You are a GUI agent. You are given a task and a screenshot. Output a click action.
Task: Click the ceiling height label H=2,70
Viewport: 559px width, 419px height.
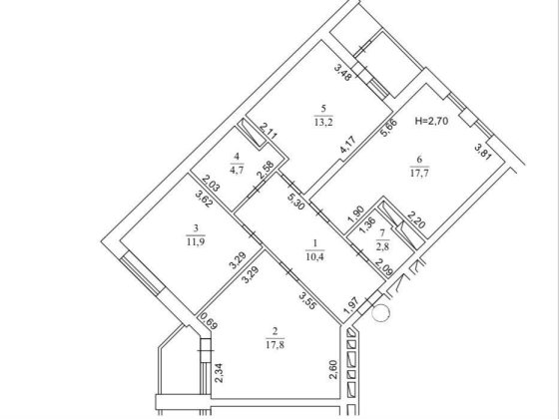point(431,121)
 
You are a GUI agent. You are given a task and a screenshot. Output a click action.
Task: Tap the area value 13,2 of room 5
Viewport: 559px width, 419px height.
point(323,123)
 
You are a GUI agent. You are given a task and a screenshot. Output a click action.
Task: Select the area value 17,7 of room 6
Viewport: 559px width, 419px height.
point(419,174)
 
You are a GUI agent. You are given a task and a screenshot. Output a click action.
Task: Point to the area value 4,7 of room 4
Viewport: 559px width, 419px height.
point(237,170)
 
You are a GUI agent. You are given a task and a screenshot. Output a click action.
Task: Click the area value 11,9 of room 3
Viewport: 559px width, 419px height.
point(196,241)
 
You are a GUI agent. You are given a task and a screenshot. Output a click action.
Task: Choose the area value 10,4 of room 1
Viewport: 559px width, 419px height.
point(314,256)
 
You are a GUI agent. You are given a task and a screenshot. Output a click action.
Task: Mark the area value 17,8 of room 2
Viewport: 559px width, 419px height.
point(275,344)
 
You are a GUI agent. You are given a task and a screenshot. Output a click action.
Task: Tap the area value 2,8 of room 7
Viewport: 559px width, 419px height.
point(382,246)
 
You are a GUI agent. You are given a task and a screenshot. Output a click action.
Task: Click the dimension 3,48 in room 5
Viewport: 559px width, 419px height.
point(342,72)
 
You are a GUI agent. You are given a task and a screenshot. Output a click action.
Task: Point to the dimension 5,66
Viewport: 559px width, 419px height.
point(388,128)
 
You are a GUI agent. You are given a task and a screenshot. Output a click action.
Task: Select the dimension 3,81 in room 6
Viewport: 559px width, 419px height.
point(483,152)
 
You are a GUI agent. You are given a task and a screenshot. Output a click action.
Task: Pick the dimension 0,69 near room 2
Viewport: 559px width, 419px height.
point(209,321)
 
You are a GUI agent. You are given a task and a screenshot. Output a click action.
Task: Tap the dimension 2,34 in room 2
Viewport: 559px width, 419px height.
point(219,373)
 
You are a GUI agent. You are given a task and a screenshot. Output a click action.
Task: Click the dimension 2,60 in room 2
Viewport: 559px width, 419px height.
point(334,370)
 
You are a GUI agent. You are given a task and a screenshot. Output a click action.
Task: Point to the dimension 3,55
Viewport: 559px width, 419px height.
point(307,300)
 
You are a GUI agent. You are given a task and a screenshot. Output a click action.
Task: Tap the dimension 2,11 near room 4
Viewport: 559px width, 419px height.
point(269,131)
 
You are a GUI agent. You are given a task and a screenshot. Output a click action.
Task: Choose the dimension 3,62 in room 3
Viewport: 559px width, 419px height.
point(205,199)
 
